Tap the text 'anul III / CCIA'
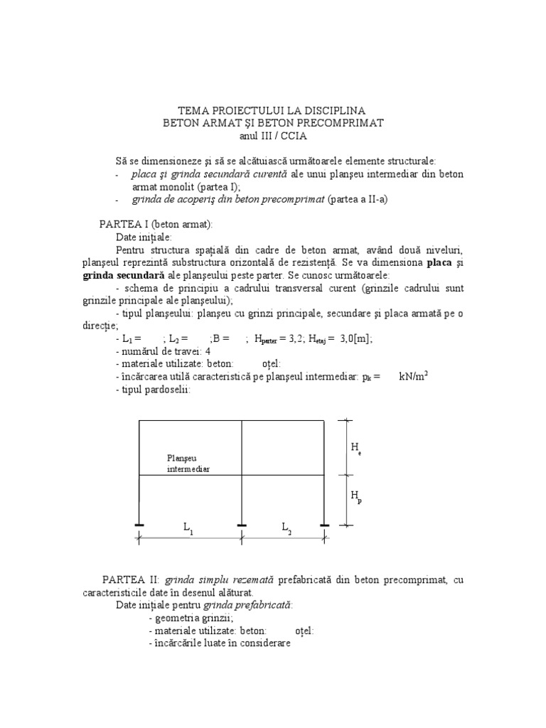274,135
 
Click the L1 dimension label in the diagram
188,528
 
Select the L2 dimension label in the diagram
286,528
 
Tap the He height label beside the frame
355,447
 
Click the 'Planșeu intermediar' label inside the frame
188,464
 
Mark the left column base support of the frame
139,526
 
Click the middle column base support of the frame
242,526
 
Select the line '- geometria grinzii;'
192,618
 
